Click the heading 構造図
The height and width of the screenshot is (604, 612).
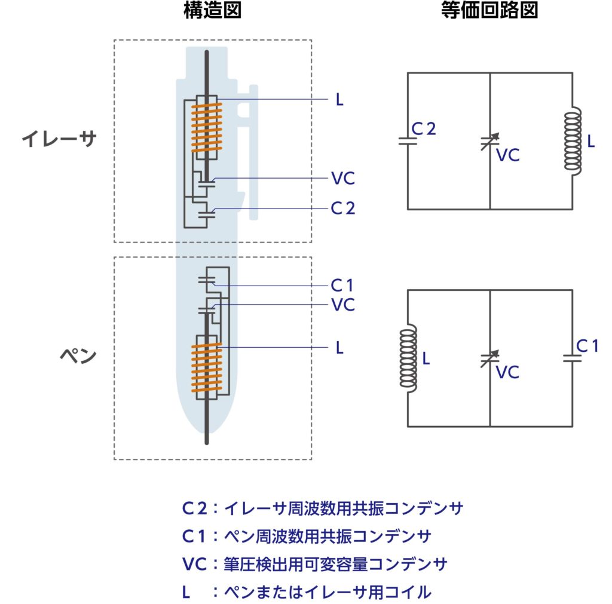click(x=212, y=11)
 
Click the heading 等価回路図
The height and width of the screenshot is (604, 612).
click(x=489, y=11)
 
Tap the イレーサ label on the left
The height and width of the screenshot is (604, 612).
click(x=59, y=139)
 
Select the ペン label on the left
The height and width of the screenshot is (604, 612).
click(x=78, y=355)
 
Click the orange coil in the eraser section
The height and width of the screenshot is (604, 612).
click(x=206, y=127)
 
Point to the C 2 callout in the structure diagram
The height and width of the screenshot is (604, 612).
click(x=342, y=208)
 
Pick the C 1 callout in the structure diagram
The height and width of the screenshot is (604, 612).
click(x=342, y=285)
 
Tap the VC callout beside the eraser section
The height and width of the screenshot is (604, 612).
click(x=343, y=178)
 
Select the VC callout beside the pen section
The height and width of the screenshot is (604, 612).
click(x=343, y=305)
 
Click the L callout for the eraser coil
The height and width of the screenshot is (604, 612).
click(x=339, y=100)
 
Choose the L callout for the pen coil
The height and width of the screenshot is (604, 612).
click(x=339, y=348)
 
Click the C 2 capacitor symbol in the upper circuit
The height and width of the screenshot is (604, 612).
click(x=408, y=141)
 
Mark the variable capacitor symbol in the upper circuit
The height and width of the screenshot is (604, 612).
click(x=490, y=142)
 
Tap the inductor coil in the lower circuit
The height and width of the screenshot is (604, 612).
click(x=408, y=358)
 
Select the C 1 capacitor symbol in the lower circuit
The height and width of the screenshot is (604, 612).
click(x=573, y=358)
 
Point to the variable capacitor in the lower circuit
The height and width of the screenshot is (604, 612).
click(x=490, y=359)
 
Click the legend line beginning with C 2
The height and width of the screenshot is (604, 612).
click(x=322, y=508)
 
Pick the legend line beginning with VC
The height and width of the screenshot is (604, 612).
click(x=314, y=564)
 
